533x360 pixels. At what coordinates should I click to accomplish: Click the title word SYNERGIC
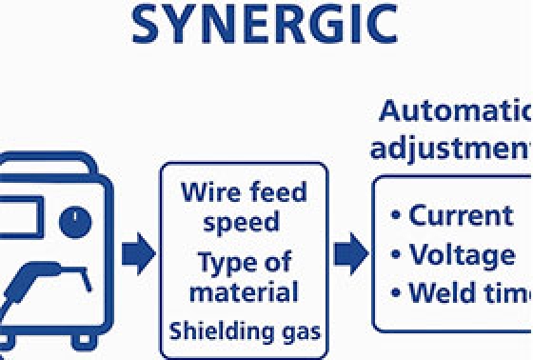tap(265, 26)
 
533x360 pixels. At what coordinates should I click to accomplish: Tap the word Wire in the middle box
tap(209, 193)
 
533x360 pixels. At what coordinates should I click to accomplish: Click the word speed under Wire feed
tap(245, 223)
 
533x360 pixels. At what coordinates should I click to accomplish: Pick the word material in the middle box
tap(244, 290)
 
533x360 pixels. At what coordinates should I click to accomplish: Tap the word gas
tap(300, 332)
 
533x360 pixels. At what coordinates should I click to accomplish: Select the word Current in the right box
tap(461, 215)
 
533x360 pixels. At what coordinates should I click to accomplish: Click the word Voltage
tap(462, 254)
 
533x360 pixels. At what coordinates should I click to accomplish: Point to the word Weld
tap(442, 293)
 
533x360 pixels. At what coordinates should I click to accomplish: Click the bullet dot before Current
tap(395, 216)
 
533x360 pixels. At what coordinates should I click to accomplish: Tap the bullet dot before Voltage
tap(395, 255)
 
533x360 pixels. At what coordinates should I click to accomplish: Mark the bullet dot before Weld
tap(395, 294)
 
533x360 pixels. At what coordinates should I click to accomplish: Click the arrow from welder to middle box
tap(139, 252)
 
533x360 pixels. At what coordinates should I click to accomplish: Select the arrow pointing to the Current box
tap(350, 252)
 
